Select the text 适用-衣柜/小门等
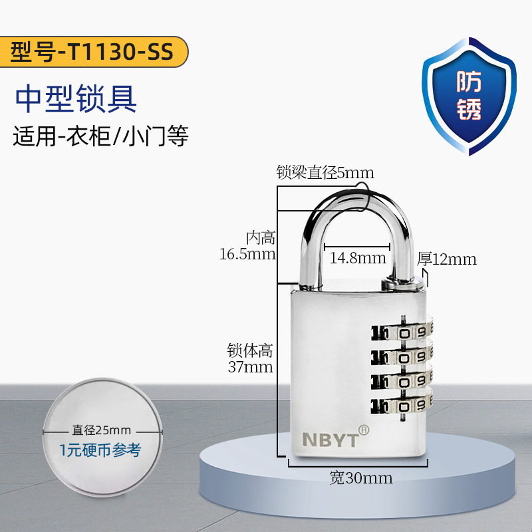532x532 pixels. (100, 136)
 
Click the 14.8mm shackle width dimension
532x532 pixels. (355, 257)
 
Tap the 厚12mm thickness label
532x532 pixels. (447, 259)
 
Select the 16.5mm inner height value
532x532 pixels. (247, 253)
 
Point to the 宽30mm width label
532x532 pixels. (360, 477)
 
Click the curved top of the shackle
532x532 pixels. (356, 199)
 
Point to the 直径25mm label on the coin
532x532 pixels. (101, 430)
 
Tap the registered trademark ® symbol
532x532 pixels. (363, 429)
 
